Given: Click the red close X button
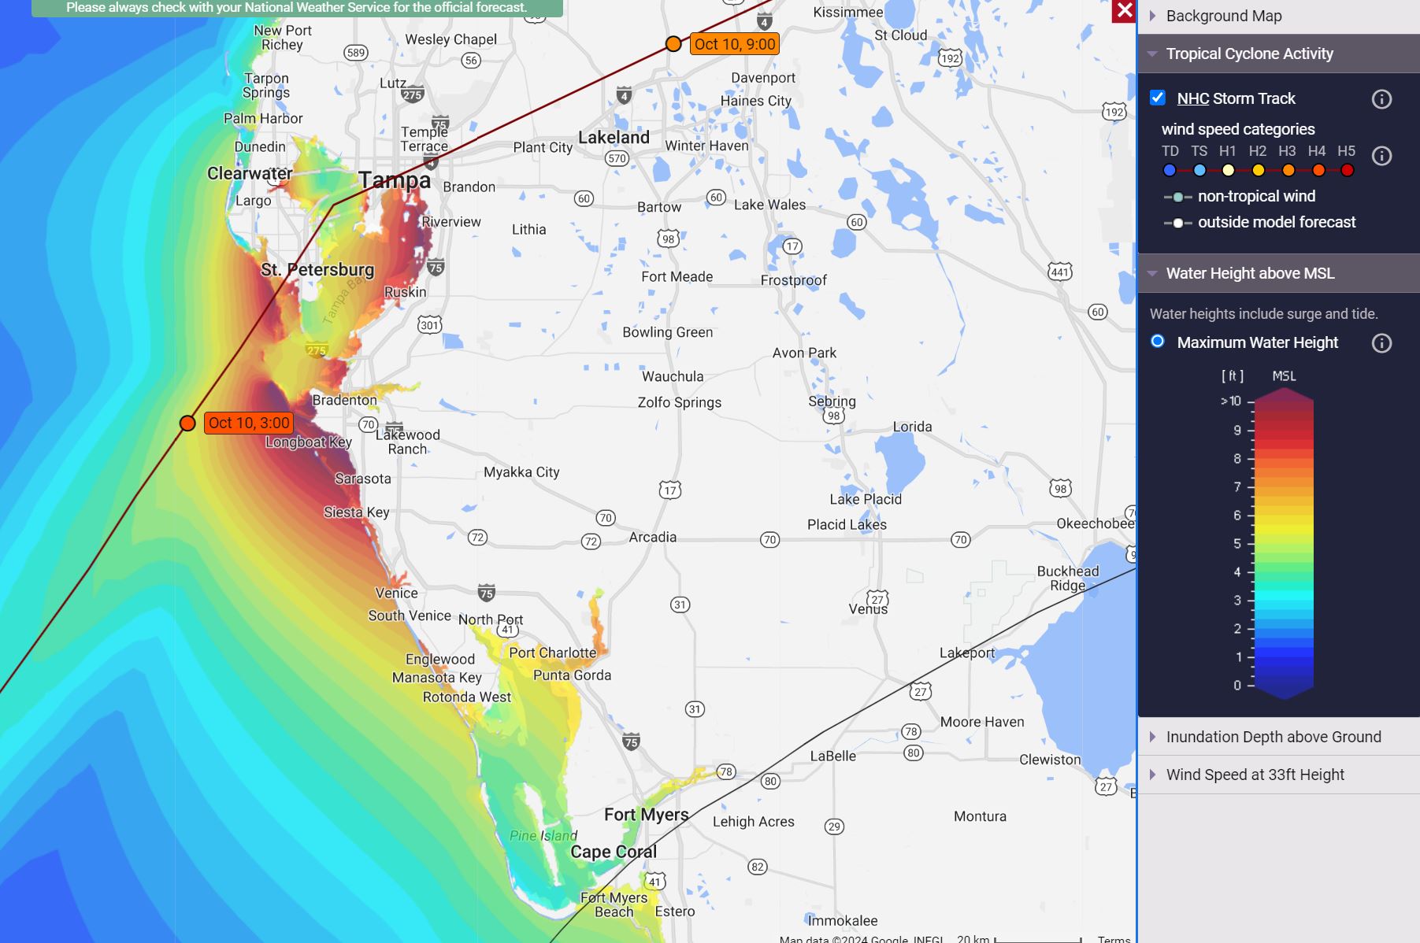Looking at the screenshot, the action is [1124, 11].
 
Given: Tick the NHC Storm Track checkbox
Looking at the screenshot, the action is [1158, 98].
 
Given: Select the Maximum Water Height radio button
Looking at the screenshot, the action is [1158, 342].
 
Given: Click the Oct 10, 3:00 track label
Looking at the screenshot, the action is [249, 423].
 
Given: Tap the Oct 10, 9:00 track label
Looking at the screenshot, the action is [735, 44].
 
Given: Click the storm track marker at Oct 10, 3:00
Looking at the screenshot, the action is [187, 423].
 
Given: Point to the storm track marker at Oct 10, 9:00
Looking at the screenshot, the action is [673, 44].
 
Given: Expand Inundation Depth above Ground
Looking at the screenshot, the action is [1273, 737].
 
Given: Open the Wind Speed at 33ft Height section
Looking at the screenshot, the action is [1255, 775].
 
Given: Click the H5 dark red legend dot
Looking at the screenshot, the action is [1348, 170].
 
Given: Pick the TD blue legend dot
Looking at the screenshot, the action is [1170, 170].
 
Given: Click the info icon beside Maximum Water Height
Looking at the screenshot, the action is [1381, 343].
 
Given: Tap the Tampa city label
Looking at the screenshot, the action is [395, 180].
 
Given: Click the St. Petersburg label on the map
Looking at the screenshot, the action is [317, 270].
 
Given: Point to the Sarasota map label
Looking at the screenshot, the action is [362, 479].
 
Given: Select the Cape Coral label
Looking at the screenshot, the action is [613, 852].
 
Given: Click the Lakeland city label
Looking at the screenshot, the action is [614, 138].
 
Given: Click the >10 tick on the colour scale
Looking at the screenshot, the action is [1231, 401].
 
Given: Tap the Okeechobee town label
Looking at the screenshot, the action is [1095, 523].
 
